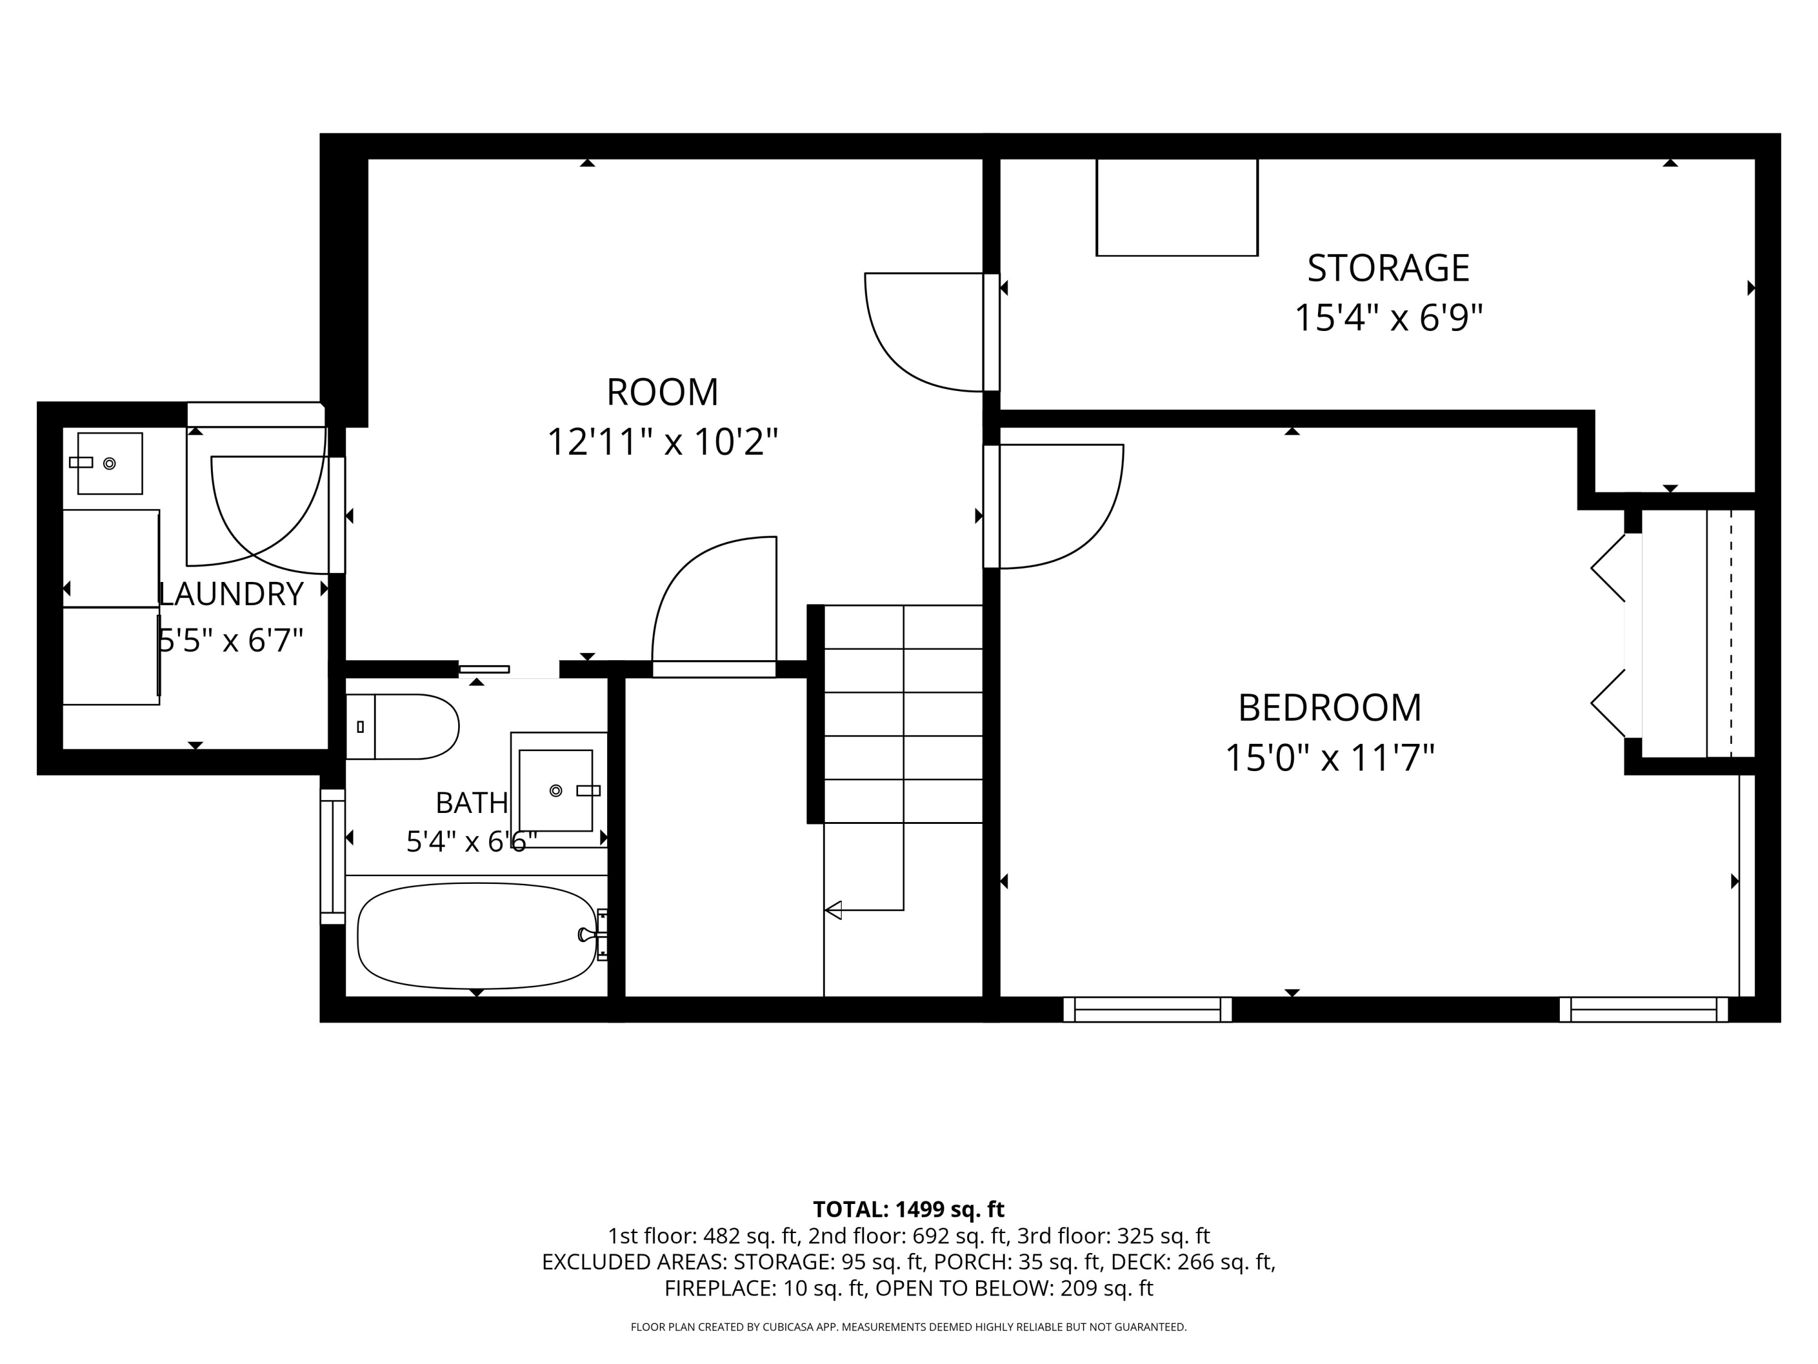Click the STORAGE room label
[x=1388, y=268]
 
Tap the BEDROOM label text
[x=1329, y=708]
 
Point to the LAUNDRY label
[x=230, y=593]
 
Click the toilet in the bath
[x=402, y=727]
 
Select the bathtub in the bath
[x=477, y=935]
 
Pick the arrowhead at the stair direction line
[x=833, y=910]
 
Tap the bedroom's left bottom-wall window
[x=1147, y=1009]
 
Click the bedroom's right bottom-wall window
[x=1643, y=1009]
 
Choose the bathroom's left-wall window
[x=332, y=856]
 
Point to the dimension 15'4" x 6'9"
[x=1388, y=318]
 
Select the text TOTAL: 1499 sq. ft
[x=908, y=1209]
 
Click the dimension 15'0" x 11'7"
[x=1329, y=758]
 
